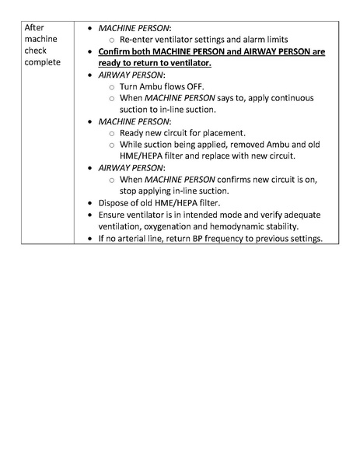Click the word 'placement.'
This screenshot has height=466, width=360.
point(223,133)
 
